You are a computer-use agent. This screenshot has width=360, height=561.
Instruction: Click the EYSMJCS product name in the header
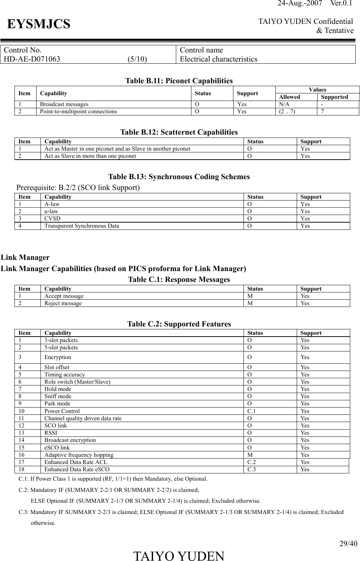[x=39, y=24]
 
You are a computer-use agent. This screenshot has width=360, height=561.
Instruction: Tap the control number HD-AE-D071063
[x=32, y=59]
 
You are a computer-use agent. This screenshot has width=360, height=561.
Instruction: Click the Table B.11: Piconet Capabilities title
[x=179, y=80]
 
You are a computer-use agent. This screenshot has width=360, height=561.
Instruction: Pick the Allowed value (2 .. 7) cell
[x=287, y=111]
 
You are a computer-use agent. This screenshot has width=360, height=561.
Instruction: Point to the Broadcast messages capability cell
[x=64, y=104]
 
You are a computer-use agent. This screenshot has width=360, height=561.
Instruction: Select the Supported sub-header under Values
[x=334, y=97]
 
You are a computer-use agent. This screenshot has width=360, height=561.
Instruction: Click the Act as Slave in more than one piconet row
[x=90, y=156]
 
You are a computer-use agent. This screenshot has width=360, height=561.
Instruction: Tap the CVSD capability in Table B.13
[x=52, y=219]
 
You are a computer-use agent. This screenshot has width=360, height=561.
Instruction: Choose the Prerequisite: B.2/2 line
[x=78, y=187]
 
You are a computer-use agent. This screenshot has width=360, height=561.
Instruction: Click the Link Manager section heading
[x=25, y=257]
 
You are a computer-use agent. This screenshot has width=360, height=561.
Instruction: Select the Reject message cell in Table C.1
[x=63, y=303]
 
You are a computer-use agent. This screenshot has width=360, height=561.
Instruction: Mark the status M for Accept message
[x=250, y=296]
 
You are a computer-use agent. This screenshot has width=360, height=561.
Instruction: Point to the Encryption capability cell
[x=58, y=357]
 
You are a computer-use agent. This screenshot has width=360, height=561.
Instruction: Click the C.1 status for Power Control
[x=251, y=411]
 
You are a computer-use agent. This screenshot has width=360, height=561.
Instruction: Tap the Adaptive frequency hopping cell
[x=79, y=455]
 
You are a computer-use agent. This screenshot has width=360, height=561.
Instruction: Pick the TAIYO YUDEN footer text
[x=179, y=556]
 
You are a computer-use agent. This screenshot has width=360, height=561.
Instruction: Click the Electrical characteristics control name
[x=219, y=59]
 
